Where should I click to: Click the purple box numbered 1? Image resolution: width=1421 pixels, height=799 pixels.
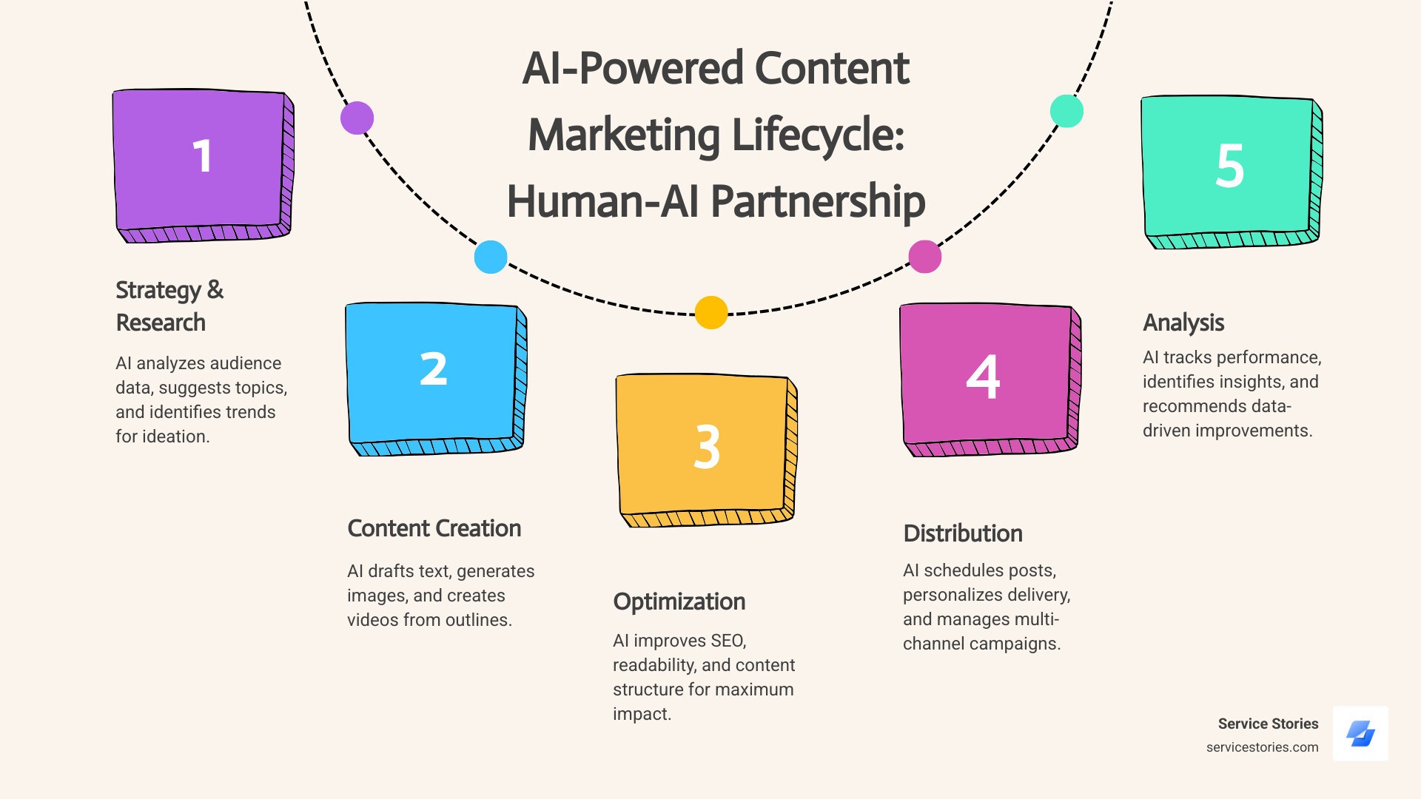click(x=200, y=159)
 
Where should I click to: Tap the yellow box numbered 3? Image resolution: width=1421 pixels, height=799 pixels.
click(x=703, y=444)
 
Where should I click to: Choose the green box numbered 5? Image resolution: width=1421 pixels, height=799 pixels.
click(x=1229, y=166)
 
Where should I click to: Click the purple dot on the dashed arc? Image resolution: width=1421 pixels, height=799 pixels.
click(x=357, y=118)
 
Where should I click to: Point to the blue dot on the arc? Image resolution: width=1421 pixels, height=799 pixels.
click(x=491, y=257)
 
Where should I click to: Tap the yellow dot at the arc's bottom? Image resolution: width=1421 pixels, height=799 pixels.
click(x=711, y=312)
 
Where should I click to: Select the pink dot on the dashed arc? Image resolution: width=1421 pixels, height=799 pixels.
click(x=925, y=257)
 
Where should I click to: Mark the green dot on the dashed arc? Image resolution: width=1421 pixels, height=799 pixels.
click(x=1066, y=111)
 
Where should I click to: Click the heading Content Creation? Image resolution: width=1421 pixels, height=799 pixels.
click(x=434, y=528)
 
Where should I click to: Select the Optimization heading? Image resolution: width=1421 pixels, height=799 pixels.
click(x=679, y=601)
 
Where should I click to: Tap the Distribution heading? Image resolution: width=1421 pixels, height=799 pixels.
click(x=963, y=533)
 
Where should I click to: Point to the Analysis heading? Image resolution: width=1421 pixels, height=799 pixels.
click(x=1183, y=323)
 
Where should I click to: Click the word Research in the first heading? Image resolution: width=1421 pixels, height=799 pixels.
click(x=161, y=323)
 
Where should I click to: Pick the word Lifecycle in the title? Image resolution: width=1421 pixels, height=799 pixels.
click(x=818, y=135)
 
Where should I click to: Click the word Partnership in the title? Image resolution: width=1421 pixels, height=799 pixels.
click(x=818, y=201)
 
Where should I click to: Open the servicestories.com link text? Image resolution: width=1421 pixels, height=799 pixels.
click(x=1262, y=747)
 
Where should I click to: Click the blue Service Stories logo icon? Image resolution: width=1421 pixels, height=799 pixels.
click(x=1360, y=734)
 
